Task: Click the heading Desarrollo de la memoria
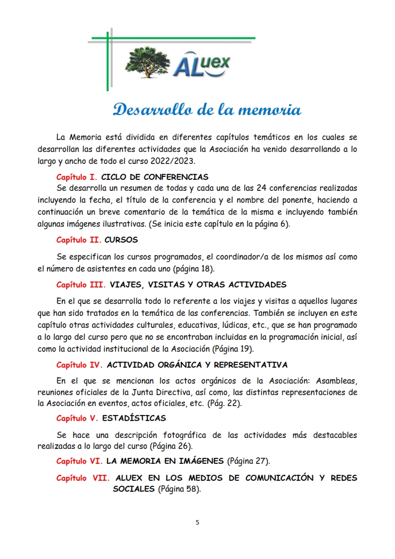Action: (207, 110)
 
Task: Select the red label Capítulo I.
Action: (77, 177)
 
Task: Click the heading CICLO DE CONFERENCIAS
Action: (154, 177)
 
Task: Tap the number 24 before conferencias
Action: (262, 188)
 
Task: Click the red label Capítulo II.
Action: (78, 240)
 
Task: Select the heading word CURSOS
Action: (121, 240)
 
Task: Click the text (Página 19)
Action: (233, 348)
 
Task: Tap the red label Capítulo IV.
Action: (80, 365)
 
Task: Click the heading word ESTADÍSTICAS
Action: (137, 418)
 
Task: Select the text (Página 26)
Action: (172, 445)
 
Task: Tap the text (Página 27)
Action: (249, 461)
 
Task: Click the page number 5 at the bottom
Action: (197, 522)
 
